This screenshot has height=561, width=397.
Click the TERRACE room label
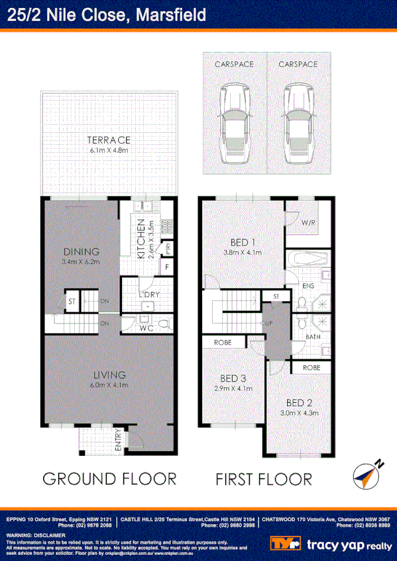click(x=109, y=140)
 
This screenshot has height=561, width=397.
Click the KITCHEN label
click(x=141, y=238)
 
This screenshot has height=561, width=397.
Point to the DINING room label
click(x=82, y=251)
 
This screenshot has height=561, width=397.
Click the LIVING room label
click(x=109, y=375)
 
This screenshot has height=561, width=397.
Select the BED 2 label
click(x=299, y=402)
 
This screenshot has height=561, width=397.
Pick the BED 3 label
click(x=233, y=378)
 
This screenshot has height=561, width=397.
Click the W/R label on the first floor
click(x=308, y=223)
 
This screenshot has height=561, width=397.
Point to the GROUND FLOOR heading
click(x=109, y=478)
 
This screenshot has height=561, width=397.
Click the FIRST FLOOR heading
click(x=263, y=478)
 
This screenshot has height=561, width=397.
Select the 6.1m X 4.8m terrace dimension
click(x=109, y=151)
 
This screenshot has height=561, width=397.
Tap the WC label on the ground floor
click(x=146, y=327)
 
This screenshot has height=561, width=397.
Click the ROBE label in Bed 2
click(x=312, y=367)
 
